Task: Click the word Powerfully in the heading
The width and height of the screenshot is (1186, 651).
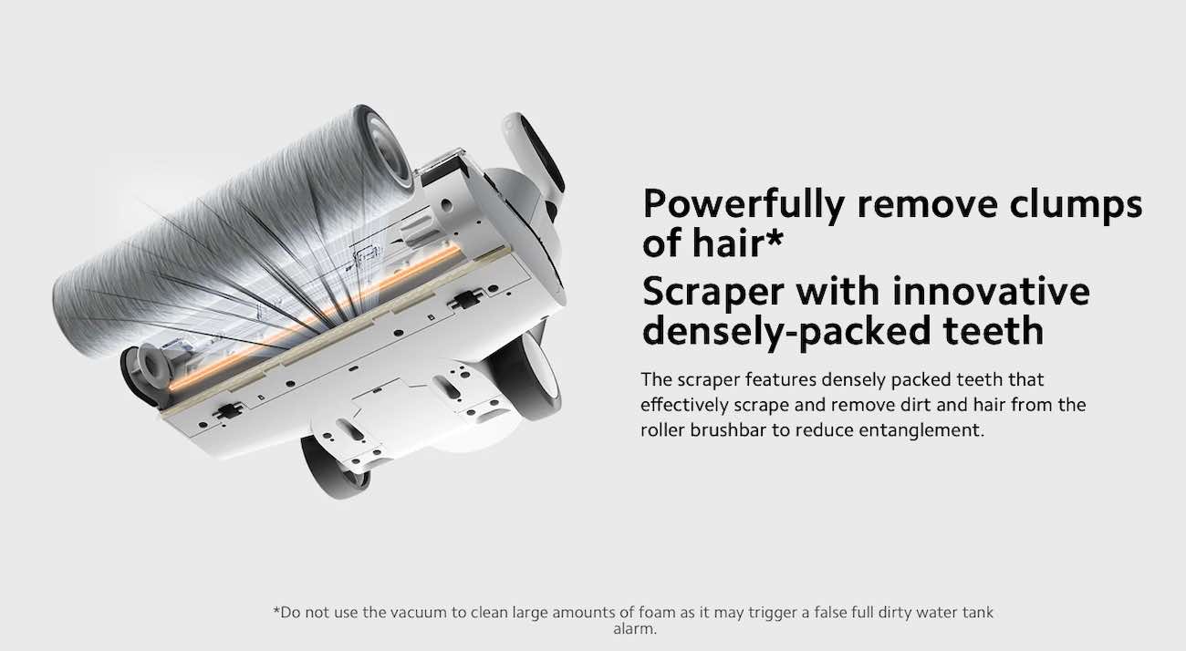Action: click(744, 204)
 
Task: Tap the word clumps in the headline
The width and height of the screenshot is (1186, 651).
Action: click(1073, 204)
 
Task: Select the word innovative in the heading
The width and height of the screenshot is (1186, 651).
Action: click(989, 292)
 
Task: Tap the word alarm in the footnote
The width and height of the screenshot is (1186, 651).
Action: click(635, 629)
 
